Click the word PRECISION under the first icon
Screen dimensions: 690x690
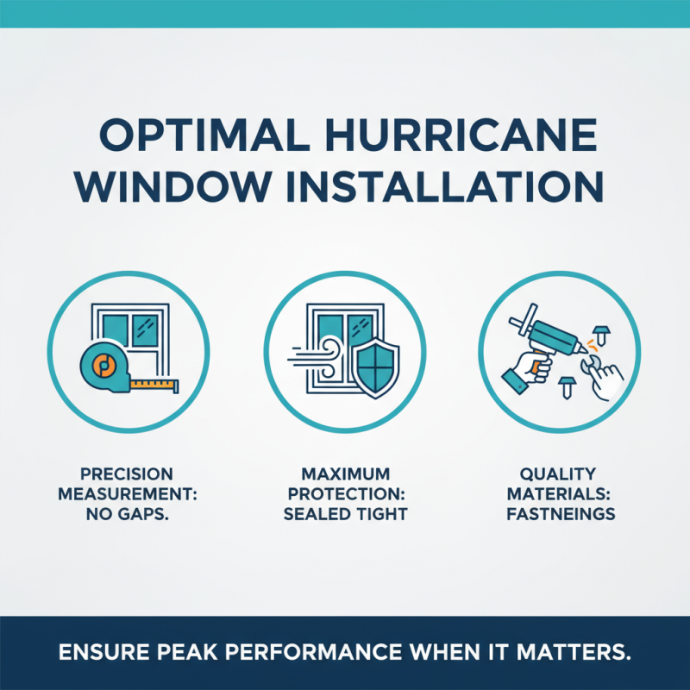tap(127, 474)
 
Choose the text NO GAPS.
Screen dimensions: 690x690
tap(127, 514)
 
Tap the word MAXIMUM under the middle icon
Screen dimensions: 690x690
tap(345, 474)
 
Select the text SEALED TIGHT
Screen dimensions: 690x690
tap(345, 514)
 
